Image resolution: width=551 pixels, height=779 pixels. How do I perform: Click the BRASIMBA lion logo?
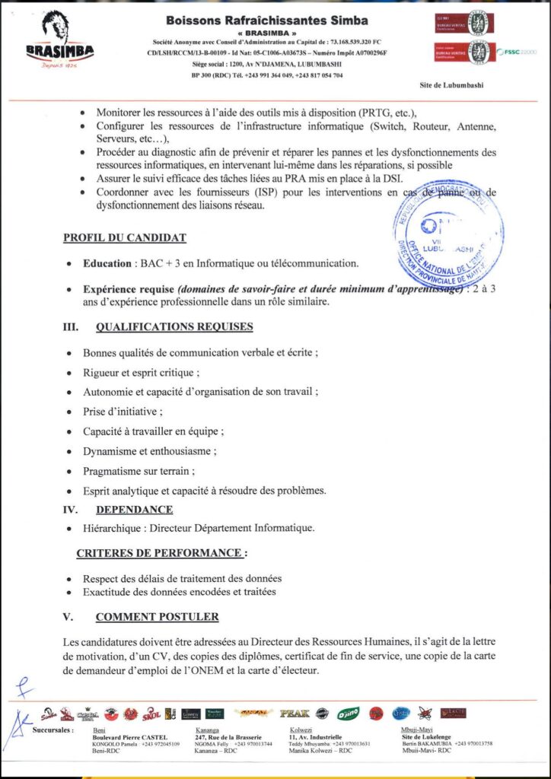point(60,42)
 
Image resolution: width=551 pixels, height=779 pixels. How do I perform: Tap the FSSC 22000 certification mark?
point(518,51)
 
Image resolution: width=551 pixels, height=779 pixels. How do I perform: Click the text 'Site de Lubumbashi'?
point(452,86)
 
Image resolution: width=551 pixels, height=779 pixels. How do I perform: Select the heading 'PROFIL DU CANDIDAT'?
point(124,238)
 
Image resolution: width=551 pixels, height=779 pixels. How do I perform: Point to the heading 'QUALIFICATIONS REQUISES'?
point(174,327)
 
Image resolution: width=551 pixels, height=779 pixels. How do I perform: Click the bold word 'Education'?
point(107,264)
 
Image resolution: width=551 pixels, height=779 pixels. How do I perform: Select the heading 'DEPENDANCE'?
point(134,510)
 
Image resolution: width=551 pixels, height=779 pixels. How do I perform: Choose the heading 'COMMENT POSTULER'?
point(157,616)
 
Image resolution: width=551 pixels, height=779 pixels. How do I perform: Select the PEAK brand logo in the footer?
point(295,714)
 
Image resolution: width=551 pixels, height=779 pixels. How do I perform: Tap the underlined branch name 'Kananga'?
point(200,729)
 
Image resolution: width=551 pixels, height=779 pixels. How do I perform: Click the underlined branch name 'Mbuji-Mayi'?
point(416,729)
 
